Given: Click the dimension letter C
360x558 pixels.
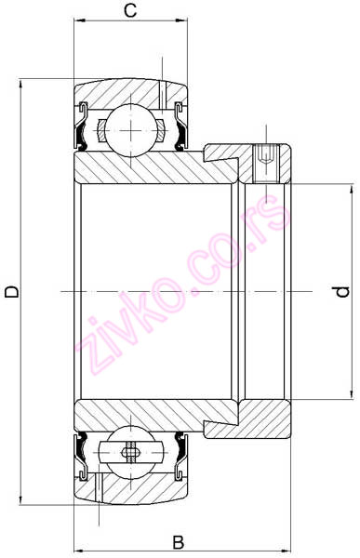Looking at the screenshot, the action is (x=130, y=10).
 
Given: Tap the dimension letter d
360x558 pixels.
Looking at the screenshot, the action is (x=342, y=291).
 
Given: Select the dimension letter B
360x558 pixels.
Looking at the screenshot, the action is (x=179, y=543).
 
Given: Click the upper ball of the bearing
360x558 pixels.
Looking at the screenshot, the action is (x=131, y=130).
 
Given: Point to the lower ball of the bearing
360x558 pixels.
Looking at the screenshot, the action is (x=131, y=452).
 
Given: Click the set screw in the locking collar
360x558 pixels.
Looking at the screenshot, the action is (x=267, y=164).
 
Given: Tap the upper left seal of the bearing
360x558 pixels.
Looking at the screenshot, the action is (x=82, y=126).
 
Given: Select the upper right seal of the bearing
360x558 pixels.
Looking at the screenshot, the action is (x=180, y=126).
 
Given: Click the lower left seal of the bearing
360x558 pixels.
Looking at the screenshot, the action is (x=82, y=457).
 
